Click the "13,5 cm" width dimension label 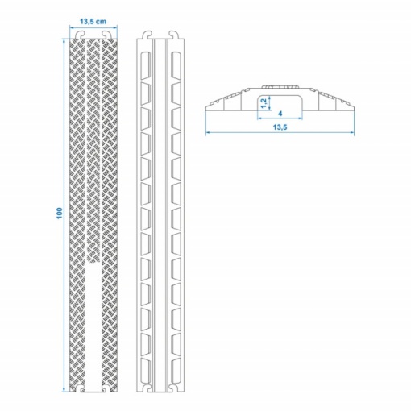(93, 21)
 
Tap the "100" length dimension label (60, 213)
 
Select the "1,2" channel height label (264, 103)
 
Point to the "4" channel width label (280, 114)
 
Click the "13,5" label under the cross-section (280, 127)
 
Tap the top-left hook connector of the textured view (81, 35)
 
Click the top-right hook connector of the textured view (106, 35)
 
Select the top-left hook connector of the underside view (147, 35)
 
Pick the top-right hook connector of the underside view (174, 35)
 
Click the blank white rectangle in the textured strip (93, 327)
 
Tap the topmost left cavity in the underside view (145, 65)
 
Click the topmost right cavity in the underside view (176, 65)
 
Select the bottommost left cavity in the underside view (145, 370)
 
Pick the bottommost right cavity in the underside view (176, 370)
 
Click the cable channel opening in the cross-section (280, 102)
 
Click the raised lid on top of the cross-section (280, 87)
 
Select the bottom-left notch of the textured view (80, 388)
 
